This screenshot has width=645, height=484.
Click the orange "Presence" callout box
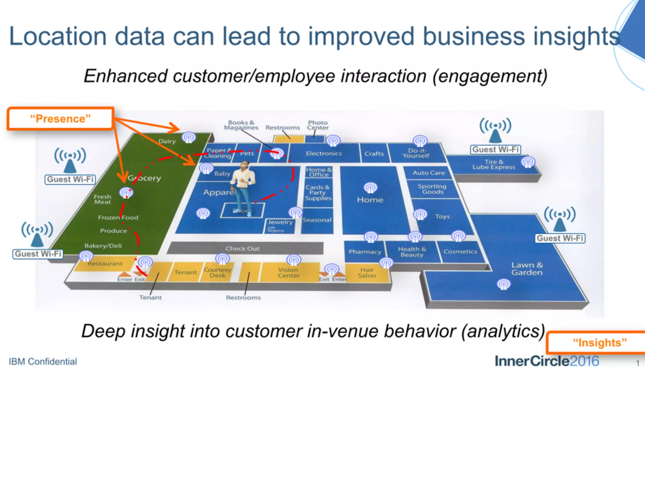tap(60, 119)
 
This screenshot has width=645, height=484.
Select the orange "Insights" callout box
tap(598, 343)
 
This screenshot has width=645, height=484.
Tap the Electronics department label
tap(323, 153)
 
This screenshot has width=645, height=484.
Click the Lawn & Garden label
tap(527, 269)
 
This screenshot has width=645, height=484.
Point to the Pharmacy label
tap(365, 252)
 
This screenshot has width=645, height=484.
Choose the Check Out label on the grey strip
tap(242, 249)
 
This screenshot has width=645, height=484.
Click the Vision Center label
tap(288, 273)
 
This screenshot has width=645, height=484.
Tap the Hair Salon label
tap(367, 273)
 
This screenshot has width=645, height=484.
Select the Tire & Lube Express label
tap(494, 164)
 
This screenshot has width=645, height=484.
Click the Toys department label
tap(442, 216)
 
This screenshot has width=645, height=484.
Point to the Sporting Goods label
tap(432, 189)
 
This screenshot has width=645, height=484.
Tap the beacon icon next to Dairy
tap(189, 138)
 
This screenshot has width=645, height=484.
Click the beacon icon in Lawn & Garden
tap(503, 284)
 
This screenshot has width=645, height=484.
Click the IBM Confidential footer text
tap(43, 361)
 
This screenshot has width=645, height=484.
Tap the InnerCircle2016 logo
tap(547, 361)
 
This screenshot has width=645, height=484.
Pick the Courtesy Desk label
tap(217, 273)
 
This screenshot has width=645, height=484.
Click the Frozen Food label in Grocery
tap(118, 217)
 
